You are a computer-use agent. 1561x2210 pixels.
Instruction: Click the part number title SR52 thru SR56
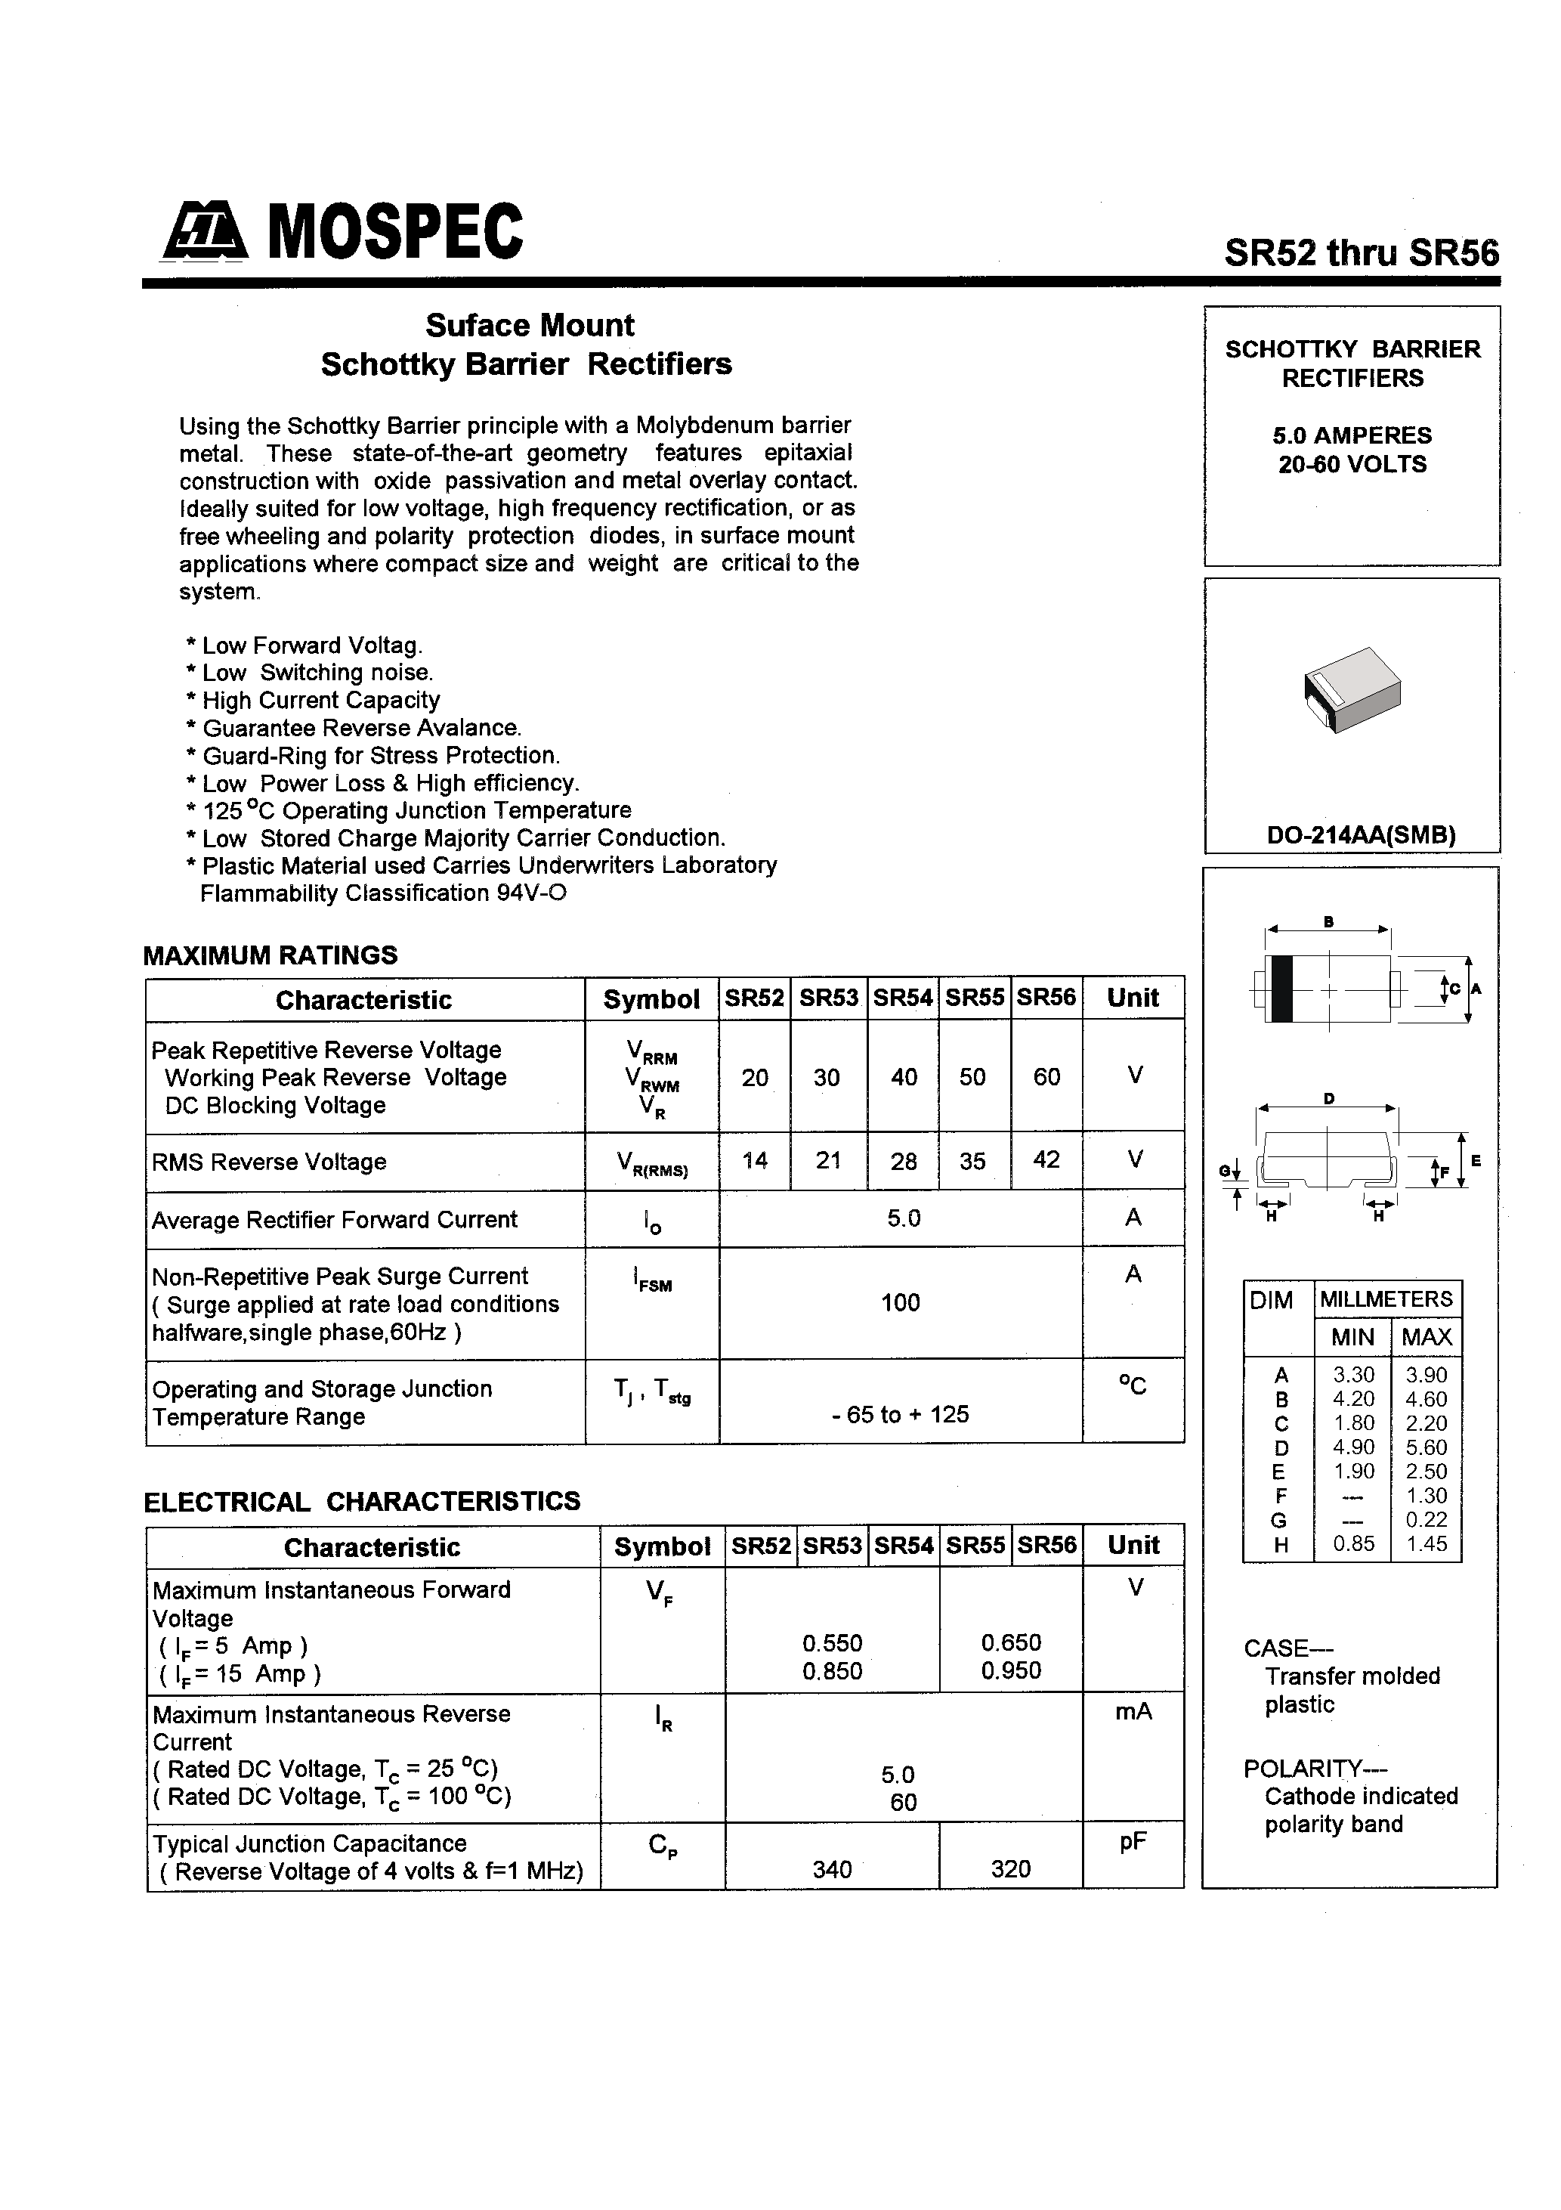point(1361,253)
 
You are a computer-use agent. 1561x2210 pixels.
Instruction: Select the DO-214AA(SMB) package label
point(1360,835)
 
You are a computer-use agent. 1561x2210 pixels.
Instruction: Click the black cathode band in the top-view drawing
point(1281,989)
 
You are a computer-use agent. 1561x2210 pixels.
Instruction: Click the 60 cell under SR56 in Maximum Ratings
point(1046,1076)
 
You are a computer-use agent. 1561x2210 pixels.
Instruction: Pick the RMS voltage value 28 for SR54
point(903,1162)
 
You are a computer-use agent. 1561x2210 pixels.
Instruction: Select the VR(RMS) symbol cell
point(651,1165)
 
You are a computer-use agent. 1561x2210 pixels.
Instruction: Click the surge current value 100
point(900,1302)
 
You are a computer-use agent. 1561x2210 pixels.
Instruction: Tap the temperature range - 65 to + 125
point(900,1414)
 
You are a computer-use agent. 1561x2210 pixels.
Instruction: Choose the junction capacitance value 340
point(832,1869)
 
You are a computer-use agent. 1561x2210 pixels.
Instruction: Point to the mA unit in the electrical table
point(1133,1710)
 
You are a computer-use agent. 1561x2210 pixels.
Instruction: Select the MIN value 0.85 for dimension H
point(1352,1544)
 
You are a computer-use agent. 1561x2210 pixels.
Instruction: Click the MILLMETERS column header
point(1386,1298)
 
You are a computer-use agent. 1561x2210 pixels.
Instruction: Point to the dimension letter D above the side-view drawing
point(1329,1098)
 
